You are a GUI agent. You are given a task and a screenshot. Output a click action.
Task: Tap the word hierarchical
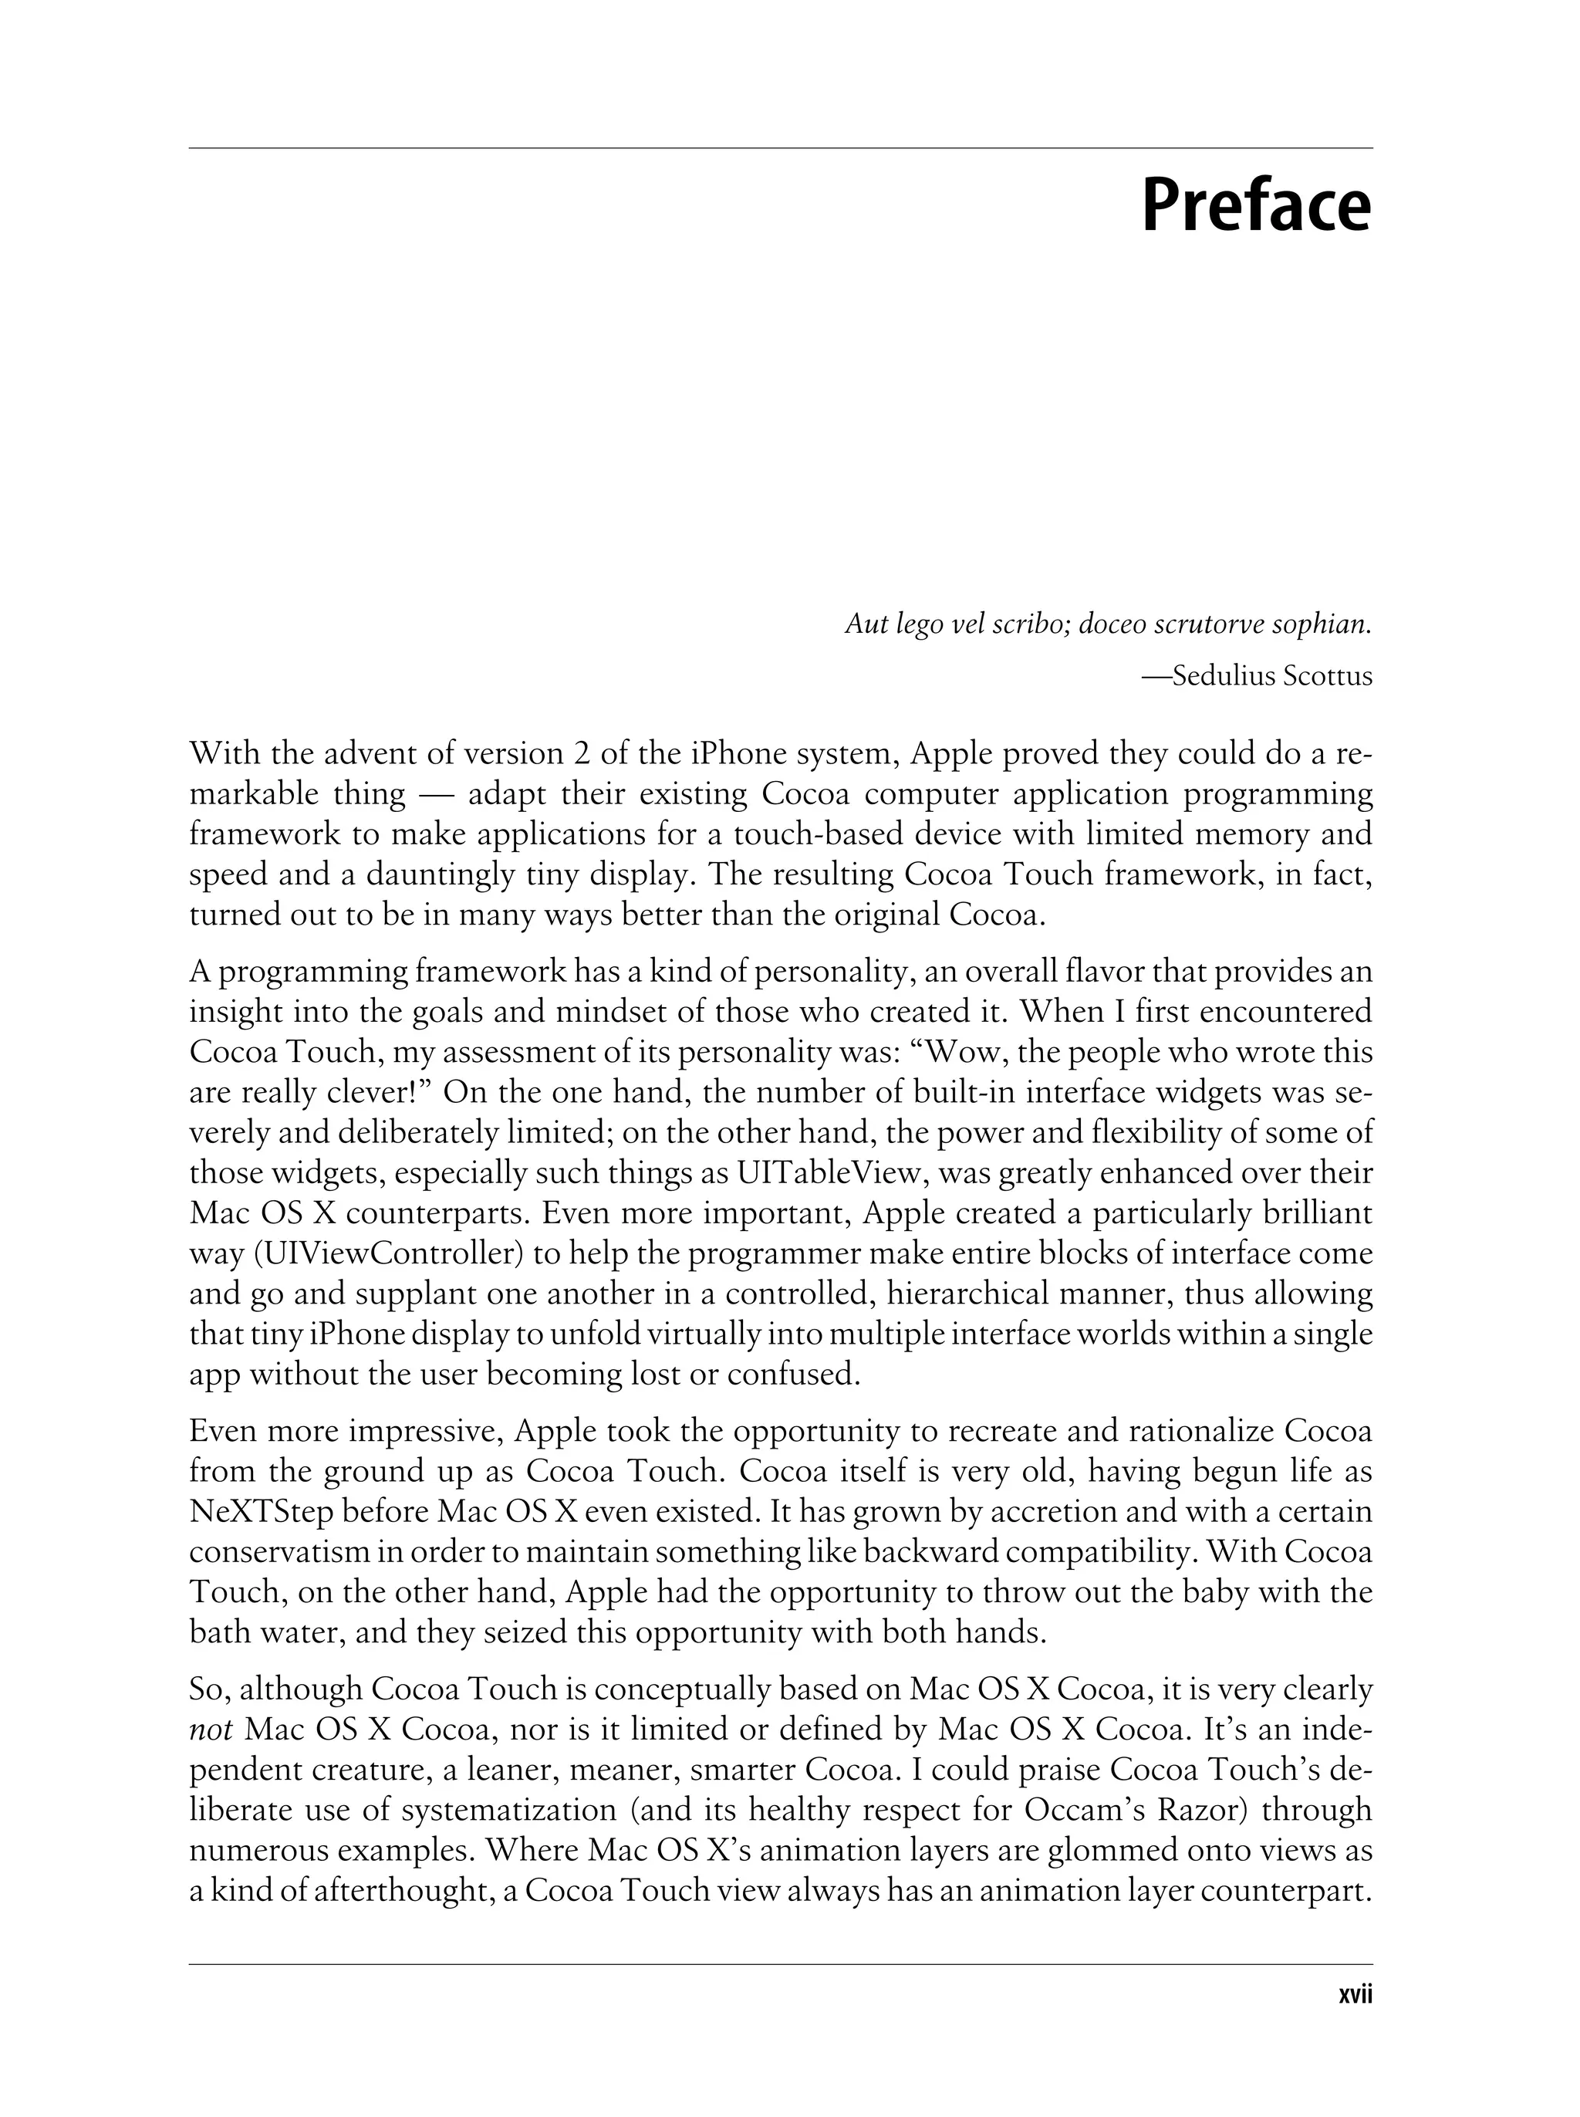(982, 1294)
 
